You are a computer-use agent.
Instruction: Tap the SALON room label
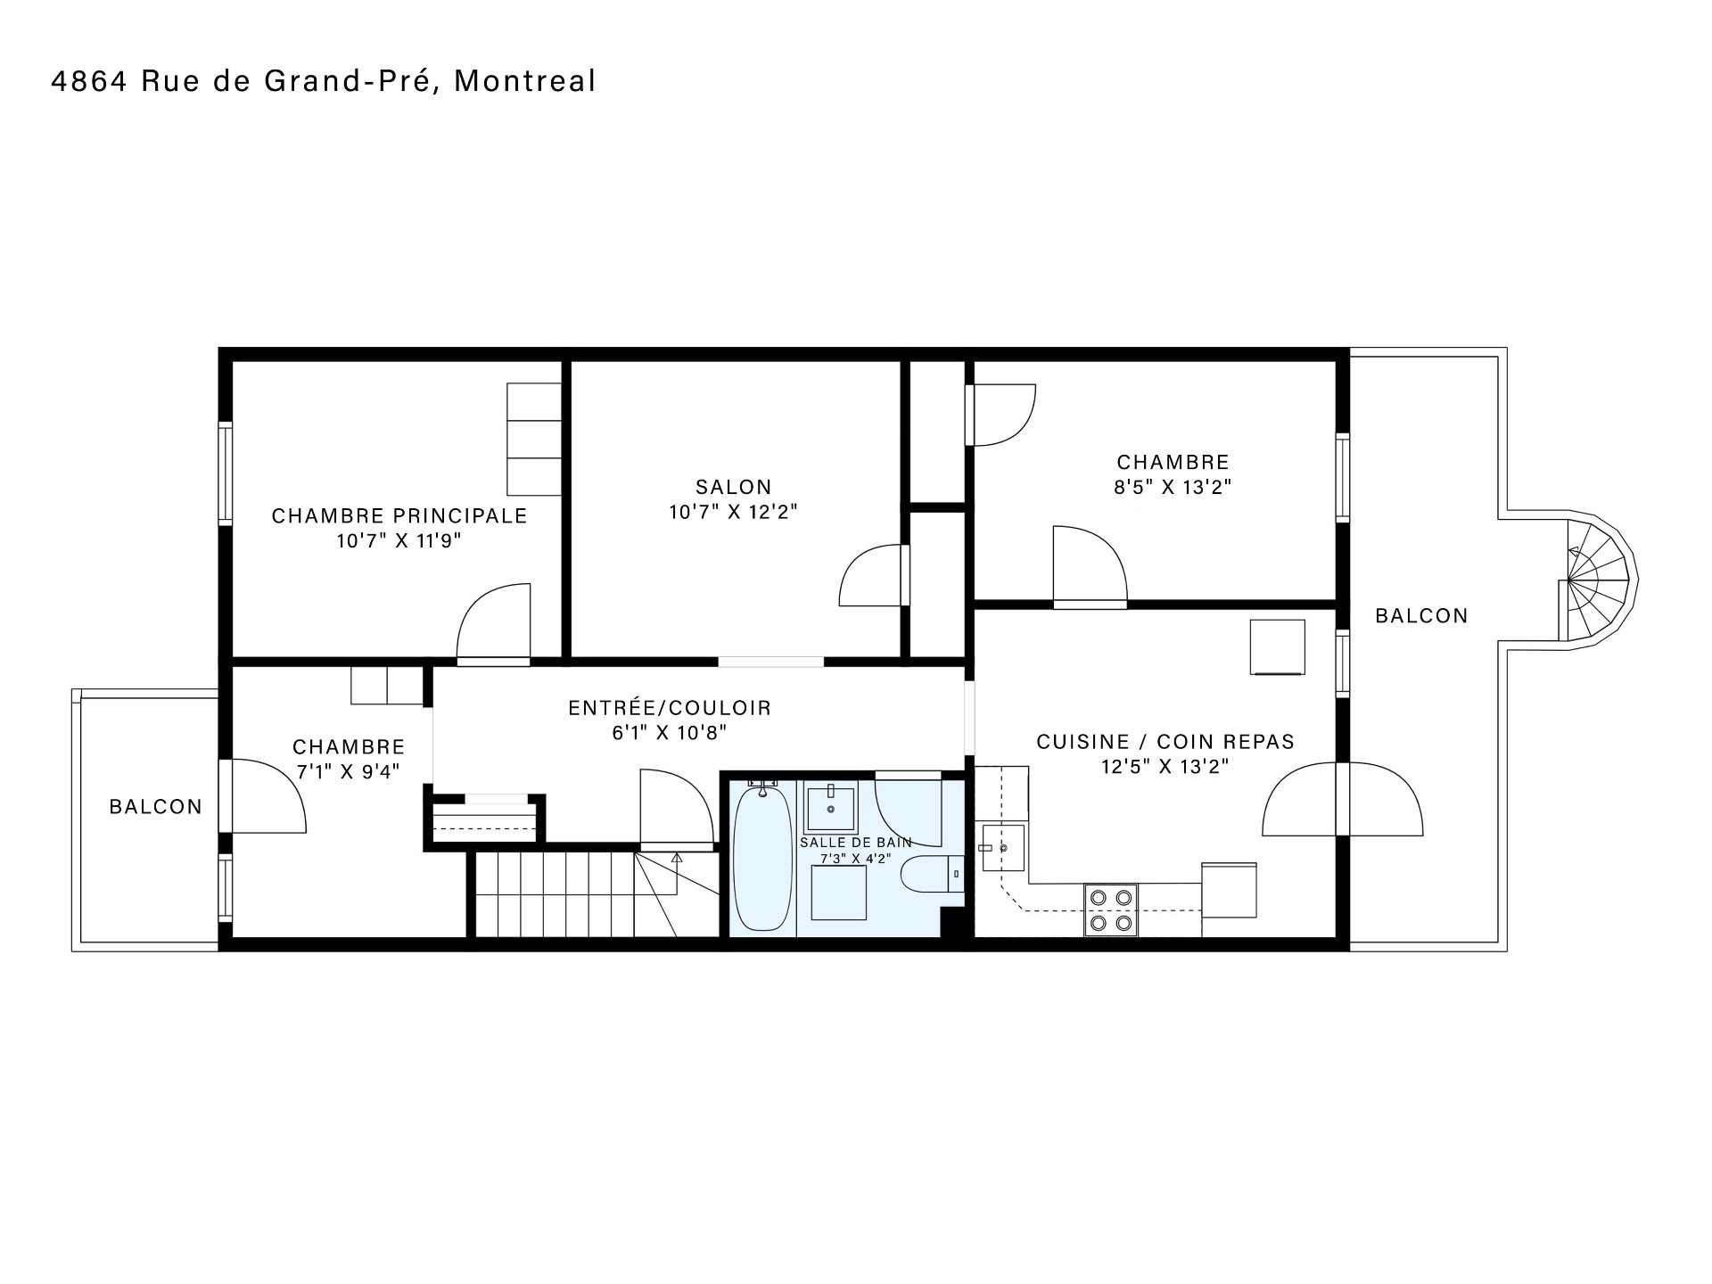point(734,487)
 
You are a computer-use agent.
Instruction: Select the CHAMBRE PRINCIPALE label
point(399,516)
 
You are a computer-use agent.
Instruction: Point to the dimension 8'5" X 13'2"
point(1173,487)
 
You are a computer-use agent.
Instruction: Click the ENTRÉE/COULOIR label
point(670,708)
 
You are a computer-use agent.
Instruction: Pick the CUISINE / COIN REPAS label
point(1165,742)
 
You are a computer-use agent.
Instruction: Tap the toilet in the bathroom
point(933,875)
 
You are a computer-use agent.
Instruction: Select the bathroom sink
point(830,808)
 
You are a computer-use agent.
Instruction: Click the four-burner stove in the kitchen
point(1111,909)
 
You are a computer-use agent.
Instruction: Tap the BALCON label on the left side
point(156,807)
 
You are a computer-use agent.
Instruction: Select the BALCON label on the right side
point(1421,616)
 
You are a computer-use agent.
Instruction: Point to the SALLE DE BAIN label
point(856,843)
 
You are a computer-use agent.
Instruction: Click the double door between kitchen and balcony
point(1343,799)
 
